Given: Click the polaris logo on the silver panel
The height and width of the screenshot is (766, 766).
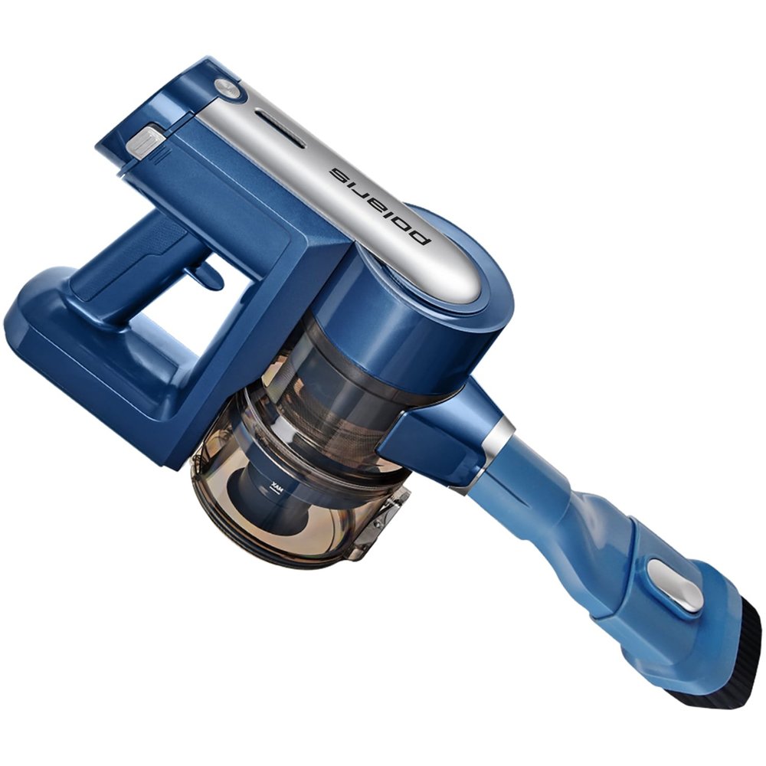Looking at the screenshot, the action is coord(381,206).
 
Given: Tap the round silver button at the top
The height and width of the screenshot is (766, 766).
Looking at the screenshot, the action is coord(227,87).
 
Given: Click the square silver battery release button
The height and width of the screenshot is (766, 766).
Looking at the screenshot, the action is coord(145,141).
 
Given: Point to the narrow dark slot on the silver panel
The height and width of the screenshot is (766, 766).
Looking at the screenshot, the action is coord(280,129).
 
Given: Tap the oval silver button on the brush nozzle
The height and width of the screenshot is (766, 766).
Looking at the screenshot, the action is coord(675,586).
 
